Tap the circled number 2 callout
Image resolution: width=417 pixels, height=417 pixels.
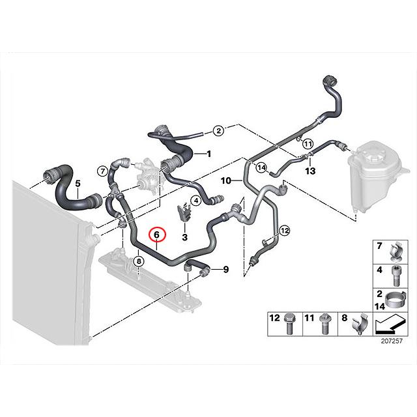tap(219, 130)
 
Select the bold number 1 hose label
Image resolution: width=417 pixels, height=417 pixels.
tap(209, 154)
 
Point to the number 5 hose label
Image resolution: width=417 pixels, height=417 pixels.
tap(78, 183)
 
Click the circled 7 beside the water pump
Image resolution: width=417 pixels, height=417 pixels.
tap(103, 171)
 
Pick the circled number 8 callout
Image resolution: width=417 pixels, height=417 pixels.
tap(139, 261)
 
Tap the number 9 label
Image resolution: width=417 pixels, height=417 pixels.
tap(226, 270)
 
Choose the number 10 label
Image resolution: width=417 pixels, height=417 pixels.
tap(226, 181)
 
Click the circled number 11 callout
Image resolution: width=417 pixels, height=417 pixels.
tap(308, 144)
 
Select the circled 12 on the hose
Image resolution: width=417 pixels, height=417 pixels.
tap(285, 230)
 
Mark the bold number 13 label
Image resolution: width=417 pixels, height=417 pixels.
tap(310, 171)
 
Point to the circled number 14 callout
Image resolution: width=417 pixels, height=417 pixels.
tap(261, 167)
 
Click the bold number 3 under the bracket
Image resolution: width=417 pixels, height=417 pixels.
tap(184, 237)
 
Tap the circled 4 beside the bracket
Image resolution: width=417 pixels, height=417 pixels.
tap(196, 201)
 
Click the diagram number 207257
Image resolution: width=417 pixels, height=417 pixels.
tap(392, 341)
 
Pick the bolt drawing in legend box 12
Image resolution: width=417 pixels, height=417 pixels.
tap(289, 324)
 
